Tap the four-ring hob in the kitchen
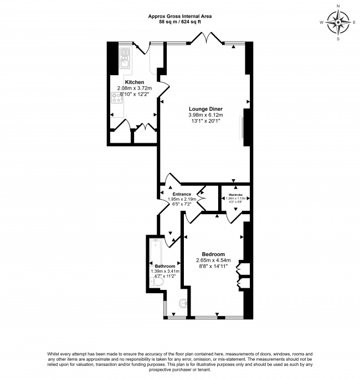coord(117,98)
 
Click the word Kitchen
coord(134,82)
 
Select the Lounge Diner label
coord(204,108)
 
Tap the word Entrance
coord(182,194)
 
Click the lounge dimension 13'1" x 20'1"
coord(204,121)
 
